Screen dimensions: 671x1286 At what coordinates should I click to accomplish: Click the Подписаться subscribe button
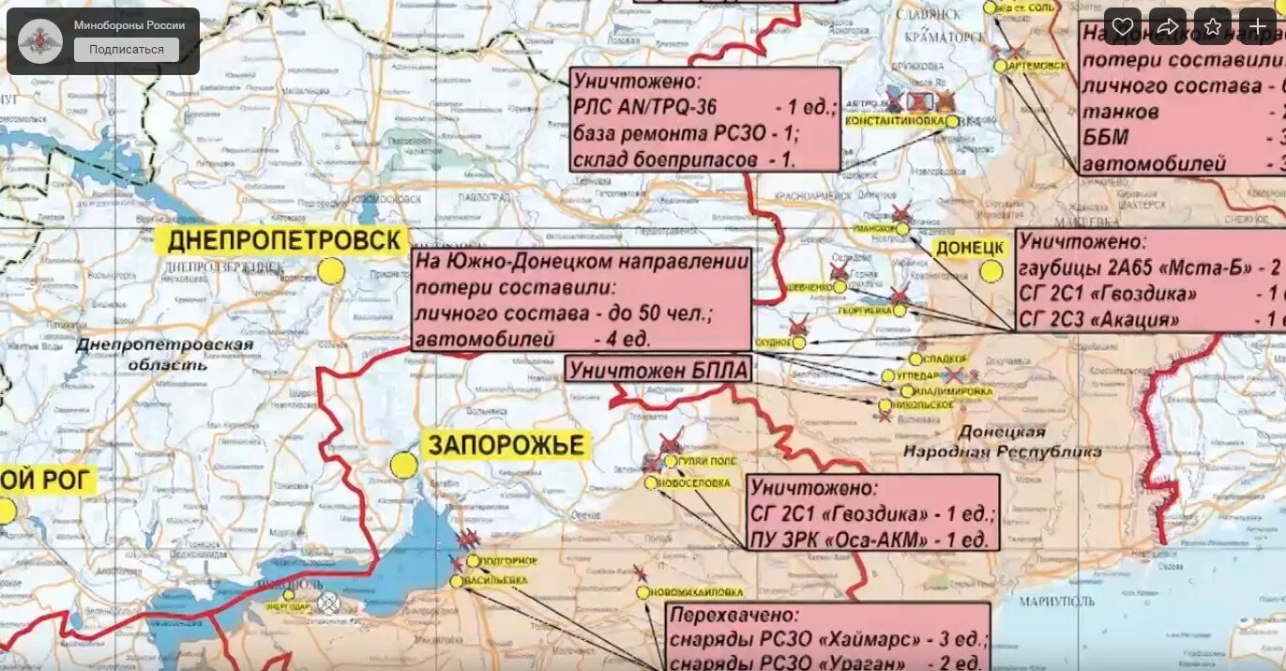click(126, 50)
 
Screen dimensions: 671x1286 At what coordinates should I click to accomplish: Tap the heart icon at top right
click(1122, 26)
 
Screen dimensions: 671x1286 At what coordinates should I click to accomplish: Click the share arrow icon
click(1167, 26)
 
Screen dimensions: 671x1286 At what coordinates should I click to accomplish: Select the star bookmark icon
click(1212, 26)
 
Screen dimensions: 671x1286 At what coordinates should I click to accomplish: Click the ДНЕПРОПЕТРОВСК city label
click(284, 241)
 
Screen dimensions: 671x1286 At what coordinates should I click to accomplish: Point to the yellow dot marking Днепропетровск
click(330, 271)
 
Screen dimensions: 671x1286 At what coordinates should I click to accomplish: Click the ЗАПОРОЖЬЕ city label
click(507, 445)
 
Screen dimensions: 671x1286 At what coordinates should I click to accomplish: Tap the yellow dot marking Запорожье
click(403, 465)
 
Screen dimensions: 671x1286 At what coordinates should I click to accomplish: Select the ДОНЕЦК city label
click(970, 248)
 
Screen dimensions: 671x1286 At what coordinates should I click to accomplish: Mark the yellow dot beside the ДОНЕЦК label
click(991, 272)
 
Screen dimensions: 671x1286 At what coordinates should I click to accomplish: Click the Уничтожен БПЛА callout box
click(658, 370)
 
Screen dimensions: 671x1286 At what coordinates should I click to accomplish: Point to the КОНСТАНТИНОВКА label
click(894, 122)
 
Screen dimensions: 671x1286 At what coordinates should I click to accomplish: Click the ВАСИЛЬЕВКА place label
click(495, 581)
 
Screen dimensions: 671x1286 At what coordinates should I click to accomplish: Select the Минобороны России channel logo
click(40, 40)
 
